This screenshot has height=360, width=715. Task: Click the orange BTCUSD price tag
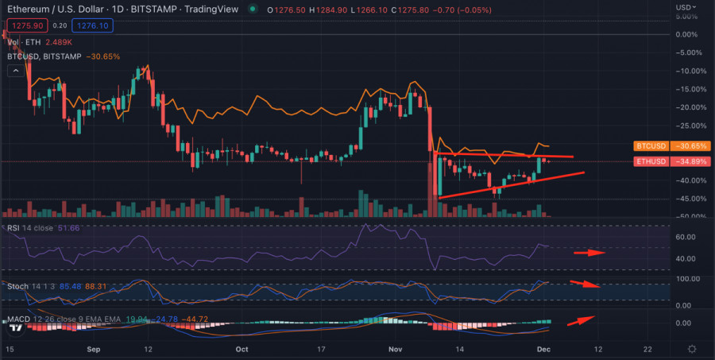pyautogui.click(x=653, y=146)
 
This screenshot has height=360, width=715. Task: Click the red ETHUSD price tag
pyautogui.click(x=653, y=161)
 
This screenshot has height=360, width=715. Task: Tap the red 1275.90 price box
pyautogui.click(x=23, y=26)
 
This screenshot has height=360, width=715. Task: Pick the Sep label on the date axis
pyautogui.click(x=93, y=349)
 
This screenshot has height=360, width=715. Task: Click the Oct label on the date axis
pyautogui.click(x=242, y=349)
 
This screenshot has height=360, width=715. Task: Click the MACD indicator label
pyautogui.click(x=21, y=319)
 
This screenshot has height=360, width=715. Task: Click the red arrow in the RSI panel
pyautogui.click(x=589, y=254)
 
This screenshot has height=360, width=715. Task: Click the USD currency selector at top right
pyautogui.click(x=688, y=7)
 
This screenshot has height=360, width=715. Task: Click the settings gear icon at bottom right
pyautogui.click(x=693, y=349)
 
